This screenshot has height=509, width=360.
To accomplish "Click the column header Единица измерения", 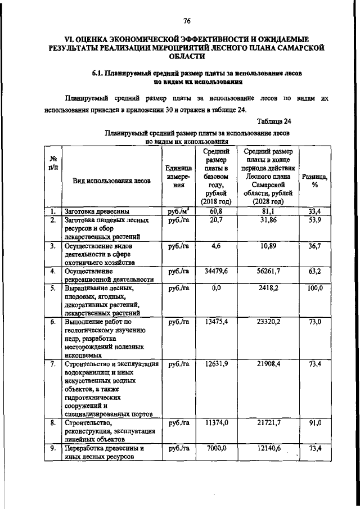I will pos(179,175).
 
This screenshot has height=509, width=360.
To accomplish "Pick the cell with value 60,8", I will pos(217,211).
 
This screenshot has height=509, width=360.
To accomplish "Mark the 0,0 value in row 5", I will pos(217,289).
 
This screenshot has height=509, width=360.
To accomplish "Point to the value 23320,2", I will pos(269,322).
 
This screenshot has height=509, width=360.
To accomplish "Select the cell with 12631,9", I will pos(217,364).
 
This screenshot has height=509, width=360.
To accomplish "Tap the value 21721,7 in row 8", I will pos(269,422).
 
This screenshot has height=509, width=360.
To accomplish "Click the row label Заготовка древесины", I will pos(93,211).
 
